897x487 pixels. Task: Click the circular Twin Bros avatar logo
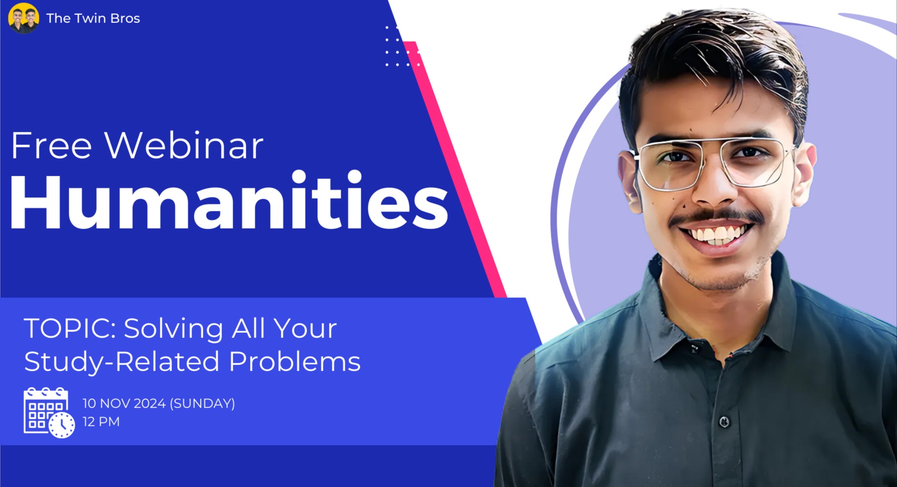24,18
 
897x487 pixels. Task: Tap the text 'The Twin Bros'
93,18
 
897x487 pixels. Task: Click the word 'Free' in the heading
51,146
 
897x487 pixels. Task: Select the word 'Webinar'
184,146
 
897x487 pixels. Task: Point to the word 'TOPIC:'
70,328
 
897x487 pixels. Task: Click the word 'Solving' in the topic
173,328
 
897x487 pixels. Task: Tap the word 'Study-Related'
121,362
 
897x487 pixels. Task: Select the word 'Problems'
294,362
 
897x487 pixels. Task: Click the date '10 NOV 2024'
124,403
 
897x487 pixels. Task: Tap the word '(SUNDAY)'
202,403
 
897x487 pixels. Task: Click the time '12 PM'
101,422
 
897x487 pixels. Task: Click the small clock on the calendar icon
62,425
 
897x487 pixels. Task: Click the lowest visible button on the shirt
724,422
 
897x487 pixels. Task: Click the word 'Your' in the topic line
306,328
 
